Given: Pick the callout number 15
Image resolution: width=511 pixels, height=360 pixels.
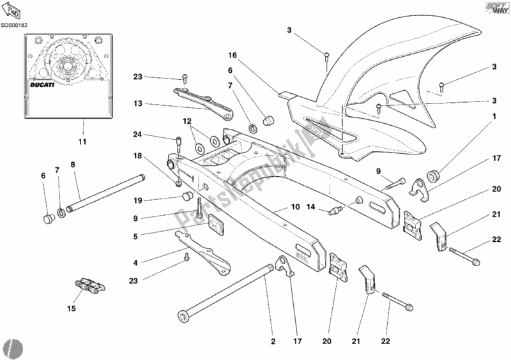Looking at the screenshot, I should pos(72,309).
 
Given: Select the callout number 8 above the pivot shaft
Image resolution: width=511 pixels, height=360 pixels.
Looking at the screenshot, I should pos(73,164).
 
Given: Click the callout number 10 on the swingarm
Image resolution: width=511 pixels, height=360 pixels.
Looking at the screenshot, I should pos(295,207).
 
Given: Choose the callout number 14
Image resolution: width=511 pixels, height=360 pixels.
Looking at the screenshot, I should pos(310,207).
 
